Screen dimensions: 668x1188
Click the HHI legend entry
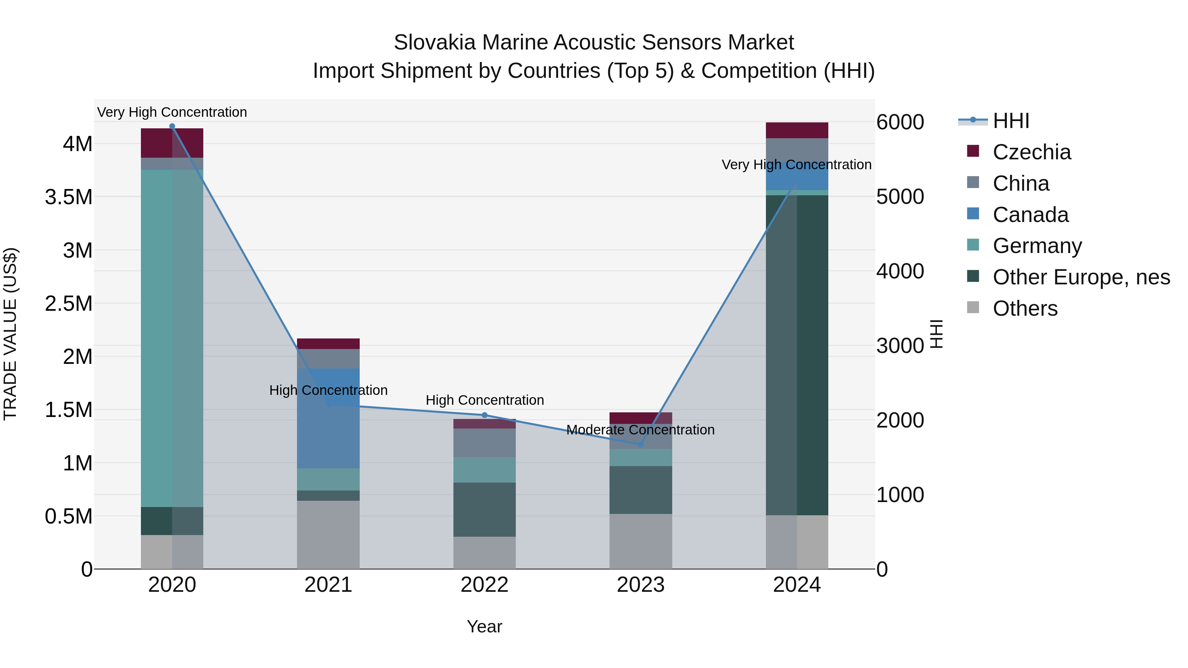pos(1010,121)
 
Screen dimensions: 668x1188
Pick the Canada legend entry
pos(1030,215)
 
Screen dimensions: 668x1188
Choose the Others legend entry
pos(1025,308)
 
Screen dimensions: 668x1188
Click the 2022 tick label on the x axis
pos(484,585)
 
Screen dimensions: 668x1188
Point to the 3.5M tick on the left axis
pos(68,197)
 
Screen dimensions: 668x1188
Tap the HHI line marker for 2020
pos(172,126)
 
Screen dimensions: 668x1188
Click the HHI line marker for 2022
pos(484,415)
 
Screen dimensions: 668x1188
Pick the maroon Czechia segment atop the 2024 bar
pos(797,130)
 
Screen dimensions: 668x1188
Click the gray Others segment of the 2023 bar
pos(640,541)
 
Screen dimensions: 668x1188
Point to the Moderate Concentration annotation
pos(640,429)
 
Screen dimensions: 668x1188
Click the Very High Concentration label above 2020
pos(172,112)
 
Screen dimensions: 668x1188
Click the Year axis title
pos(484,626)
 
